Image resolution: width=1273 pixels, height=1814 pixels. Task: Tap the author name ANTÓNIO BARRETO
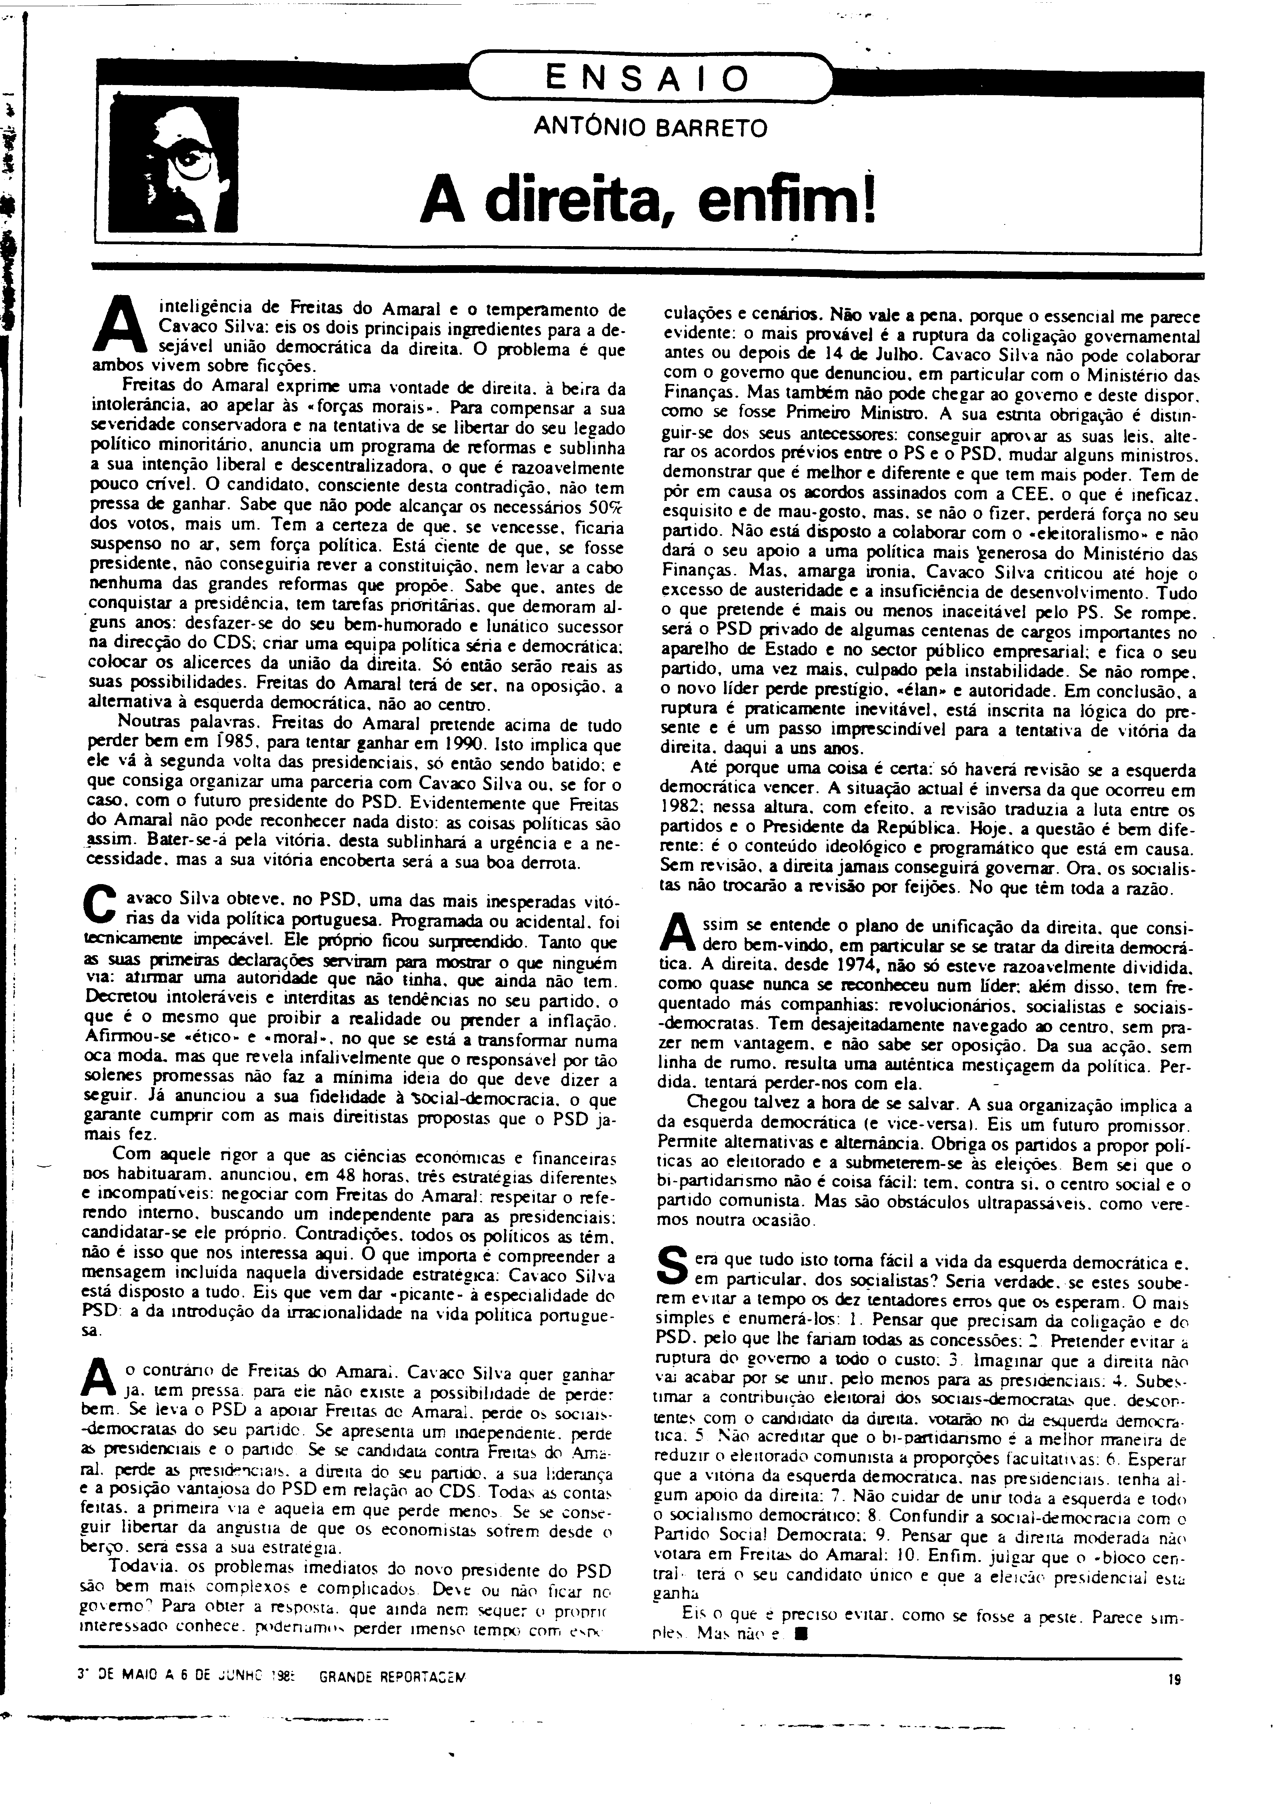coord(650,127)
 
